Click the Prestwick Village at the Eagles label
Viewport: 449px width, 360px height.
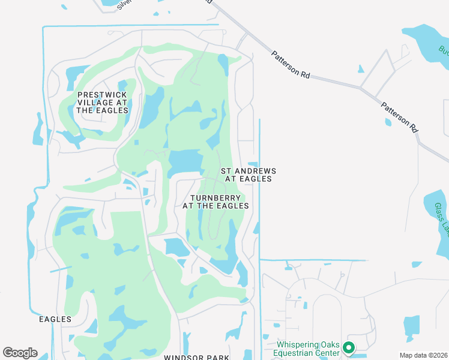(102, 103)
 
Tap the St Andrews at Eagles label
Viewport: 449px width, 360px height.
(249, 175)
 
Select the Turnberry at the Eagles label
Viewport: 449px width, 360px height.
(215, 202)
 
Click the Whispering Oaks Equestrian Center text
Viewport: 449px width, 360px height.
(308, 349)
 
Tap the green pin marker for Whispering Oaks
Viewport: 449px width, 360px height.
(348, 347)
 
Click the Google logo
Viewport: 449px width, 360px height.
(20, 353)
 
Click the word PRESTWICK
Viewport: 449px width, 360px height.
(102, 95)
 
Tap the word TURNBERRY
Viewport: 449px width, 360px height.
(215, 198)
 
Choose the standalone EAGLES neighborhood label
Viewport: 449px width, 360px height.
(55, 319)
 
